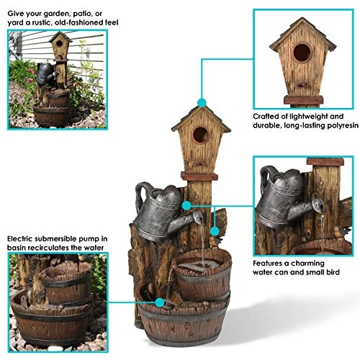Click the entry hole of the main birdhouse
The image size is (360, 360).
click(x=201, y=135)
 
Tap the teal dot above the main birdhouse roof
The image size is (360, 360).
click(x=202, y=103)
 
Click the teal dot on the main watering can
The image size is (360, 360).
click(x=186, y=206)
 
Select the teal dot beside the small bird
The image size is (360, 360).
click(x=215, y=231)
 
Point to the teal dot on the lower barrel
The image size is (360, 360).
click(x=160, y=302)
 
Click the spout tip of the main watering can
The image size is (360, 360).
click(x=198, y=217)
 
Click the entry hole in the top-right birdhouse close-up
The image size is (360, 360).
click(x=302, y=53)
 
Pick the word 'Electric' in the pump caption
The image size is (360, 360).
click(x=19, y=239)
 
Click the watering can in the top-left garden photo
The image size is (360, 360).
click(x=45, y=73)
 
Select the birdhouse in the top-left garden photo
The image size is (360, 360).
click(x=60, y=46)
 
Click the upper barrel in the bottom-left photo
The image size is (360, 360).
click(x=66, y=283)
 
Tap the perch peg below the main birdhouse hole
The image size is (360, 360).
click(x=200, y=164)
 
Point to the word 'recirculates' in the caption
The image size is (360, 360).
click(x=47, y=248)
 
